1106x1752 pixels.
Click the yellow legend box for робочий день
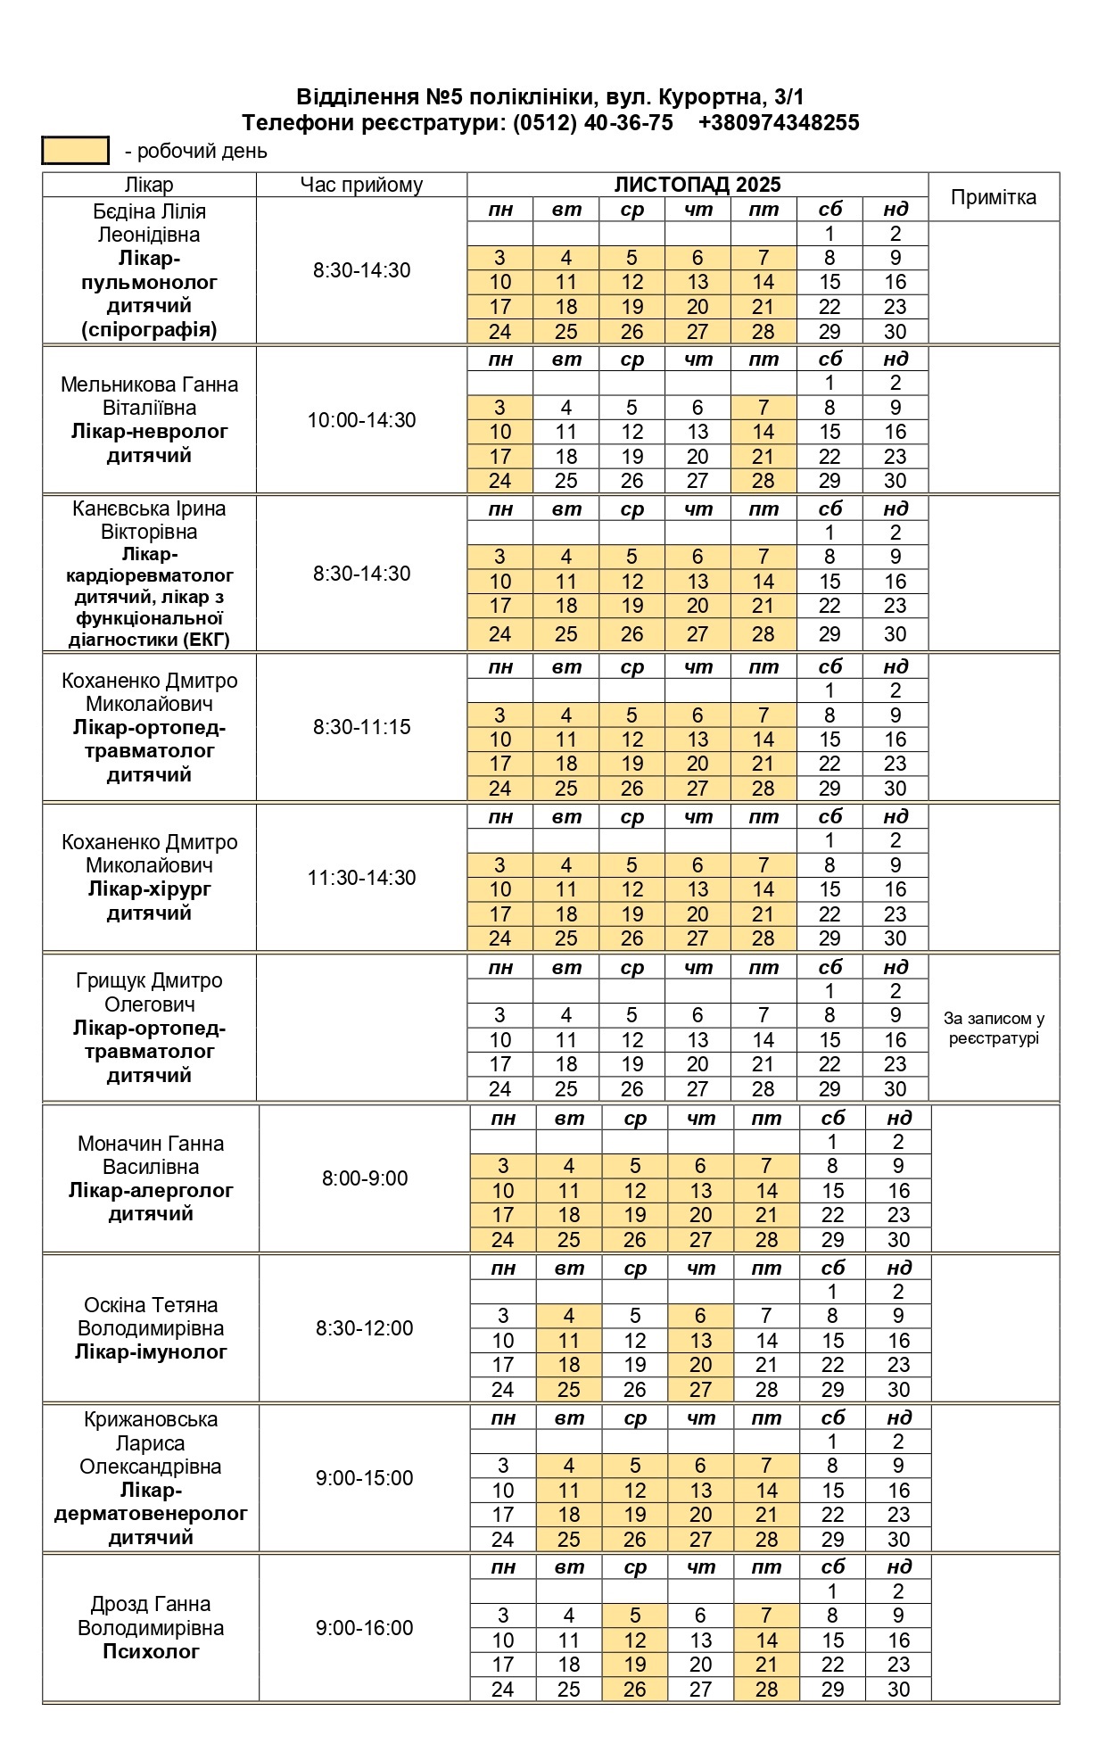coord(76,151)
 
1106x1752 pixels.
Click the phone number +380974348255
coord(778,123)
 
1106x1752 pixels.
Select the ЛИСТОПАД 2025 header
coord(697,185)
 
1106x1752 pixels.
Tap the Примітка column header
coord(993,197)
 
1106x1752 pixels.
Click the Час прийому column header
coord(361,185)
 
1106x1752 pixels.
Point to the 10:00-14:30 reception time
coord(361,420)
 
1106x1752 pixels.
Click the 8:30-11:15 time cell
coord(361,727)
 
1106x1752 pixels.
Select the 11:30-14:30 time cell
coord(361,878)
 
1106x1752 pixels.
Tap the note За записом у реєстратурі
coord(994,1029)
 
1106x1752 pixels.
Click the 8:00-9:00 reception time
coord(365,1178)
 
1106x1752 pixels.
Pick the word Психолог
coord(151,1651)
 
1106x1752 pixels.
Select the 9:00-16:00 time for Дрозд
coord(365,1628)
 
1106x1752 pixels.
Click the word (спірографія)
coord(149,329)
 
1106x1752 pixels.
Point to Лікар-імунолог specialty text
coord(151,1351)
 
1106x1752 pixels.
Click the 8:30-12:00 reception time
coord(365,1328)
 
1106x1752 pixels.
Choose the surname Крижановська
coord(151,1419)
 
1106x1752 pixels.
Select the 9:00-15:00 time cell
coord(365,1478)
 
